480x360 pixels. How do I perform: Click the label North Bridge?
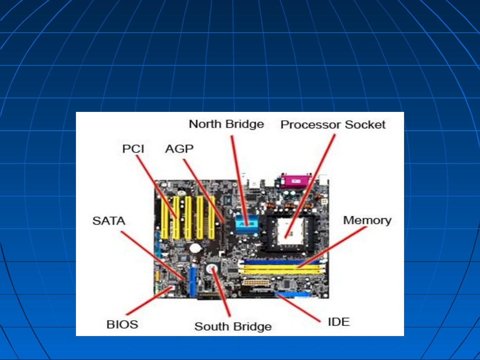[226, 124]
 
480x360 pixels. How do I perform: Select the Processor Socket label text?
[333, 125]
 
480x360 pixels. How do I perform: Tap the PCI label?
[133, 149]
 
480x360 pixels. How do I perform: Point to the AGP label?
[179, 149]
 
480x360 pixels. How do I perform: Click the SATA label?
[109, 221]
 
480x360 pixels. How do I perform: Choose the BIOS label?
[122, 324]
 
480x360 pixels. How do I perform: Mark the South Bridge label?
[233, 326]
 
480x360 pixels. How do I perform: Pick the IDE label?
[339, 322]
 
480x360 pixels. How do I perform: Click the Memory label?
[367, 220]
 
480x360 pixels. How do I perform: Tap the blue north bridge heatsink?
[246, 223]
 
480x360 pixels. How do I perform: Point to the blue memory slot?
[281, 262]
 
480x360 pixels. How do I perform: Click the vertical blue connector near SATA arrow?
[193, 281]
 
